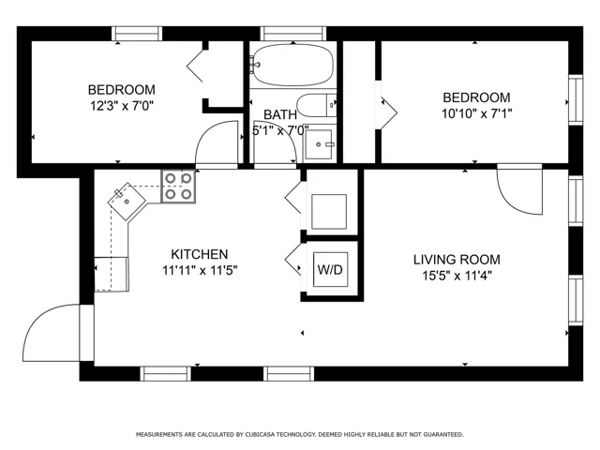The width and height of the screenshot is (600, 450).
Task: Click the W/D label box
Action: click(331, 269)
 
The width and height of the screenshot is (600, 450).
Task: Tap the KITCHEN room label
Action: click(200, 254)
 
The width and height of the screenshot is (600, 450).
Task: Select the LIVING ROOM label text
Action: click(457, 260)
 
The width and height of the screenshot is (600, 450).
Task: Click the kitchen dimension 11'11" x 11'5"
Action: click(200, 270)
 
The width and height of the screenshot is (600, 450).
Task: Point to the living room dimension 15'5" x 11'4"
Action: click(457, 275)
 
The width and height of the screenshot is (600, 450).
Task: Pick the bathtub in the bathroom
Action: click(292, 65)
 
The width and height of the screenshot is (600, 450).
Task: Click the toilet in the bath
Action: click(317, 105)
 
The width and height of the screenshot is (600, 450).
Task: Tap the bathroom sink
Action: click(319, 144)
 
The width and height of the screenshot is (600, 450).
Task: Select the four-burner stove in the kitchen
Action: click(178, 186)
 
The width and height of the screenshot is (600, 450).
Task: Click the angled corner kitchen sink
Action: click(127, 201)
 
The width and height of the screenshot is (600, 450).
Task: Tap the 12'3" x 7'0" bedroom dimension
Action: click(122, 105)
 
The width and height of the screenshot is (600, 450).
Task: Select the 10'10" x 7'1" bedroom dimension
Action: click(477, 113)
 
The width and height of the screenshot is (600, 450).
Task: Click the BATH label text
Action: click(280, 114)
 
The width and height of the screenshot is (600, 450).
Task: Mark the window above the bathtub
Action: click(293, 34)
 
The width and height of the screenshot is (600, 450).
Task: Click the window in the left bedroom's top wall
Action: click(137, 34)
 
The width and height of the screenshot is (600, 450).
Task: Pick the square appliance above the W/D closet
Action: click(329, 212)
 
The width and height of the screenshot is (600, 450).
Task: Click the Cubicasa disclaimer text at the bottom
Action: click(300, 434)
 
